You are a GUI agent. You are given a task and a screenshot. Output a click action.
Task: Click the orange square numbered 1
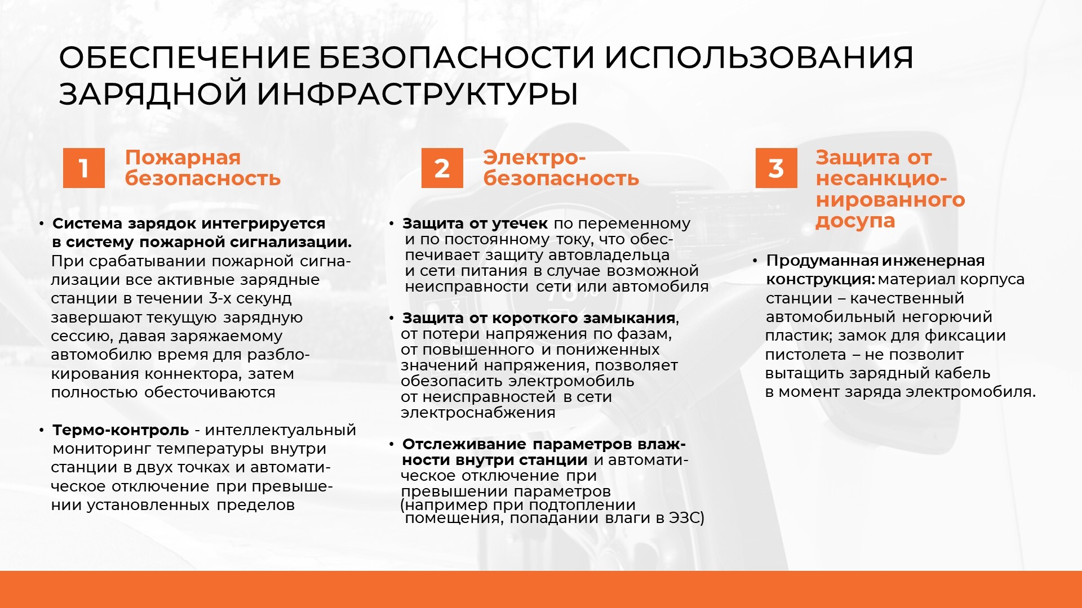(84, 168)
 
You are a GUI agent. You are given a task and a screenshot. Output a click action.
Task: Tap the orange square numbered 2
(442, 168)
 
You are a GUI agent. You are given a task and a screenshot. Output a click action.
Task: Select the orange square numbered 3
(777, 168)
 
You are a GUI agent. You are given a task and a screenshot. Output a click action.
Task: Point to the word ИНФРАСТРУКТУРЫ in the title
(418, 93)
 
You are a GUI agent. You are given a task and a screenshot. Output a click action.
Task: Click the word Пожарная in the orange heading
(183, 158)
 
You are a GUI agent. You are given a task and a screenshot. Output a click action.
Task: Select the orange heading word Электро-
(534, 158)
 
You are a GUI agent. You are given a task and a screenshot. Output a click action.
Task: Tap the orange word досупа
(855, 222)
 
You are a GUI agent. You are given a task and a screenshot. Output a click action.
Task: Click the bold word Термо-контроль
(121, 430)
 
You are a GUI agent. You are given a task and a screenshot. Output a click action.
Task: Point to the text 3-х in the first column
(220, 298)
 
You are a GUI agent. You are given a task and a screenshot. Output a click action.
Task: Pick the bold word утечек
(520, 224)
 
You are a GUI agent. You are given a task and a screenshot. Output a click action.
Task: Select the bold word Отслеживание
(464, 444)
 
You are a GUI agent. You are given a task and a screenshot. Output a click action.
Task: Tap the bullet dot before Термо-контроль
(42, 430)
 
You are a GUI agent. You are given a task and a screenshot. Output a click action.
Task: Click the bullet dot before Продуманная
(755, 261)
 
